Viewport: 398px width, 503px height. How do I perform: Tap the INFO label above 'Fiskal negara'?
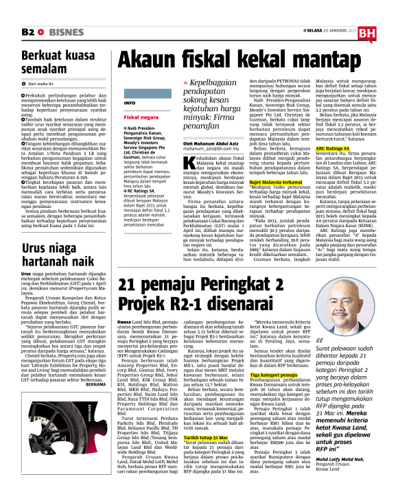tap(128, 102)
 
